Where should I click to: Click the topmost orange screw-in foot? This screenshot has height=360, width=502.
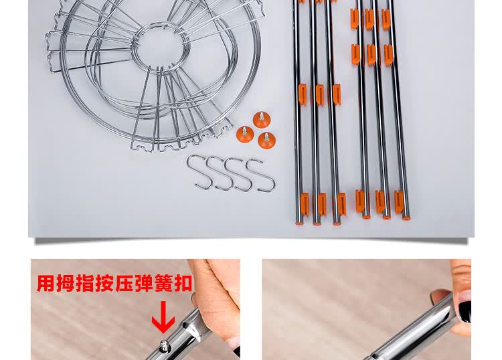pos(262,120)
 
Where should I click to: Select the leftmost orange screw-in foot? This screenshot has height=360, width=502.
pos(245,134)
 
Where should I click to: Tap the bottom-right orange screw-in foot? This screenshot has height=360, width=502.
pos(266,140)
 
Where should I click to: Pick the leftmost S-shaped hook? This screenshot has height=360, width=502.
pos(199,172)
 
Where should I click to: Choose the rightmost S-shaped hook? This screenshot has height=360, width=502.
pos(261,175)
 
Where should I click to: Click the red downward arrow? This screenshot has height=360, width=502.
pos(163,317)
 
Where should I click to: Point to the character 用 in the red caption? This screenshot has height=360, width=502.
pos(46,283)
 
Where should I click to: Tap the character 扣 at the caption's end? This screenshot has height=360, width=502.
pos(183,283)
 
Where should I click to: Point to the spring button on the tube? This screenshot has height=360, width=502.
pos(165,346)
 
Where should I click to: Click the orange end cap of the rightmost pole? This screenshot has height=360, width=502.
pos(406,219)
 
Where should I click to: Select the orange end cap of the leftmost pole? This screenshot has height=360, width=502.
pos(299,223)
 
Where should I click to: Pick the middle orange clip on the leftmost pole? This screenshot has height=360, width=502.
pos(303,94)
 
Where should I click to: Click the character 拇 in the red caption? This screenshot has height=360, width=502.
pos(66,283)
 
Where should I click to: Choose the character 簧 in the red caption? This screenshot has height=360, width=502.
pos(163,283)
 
